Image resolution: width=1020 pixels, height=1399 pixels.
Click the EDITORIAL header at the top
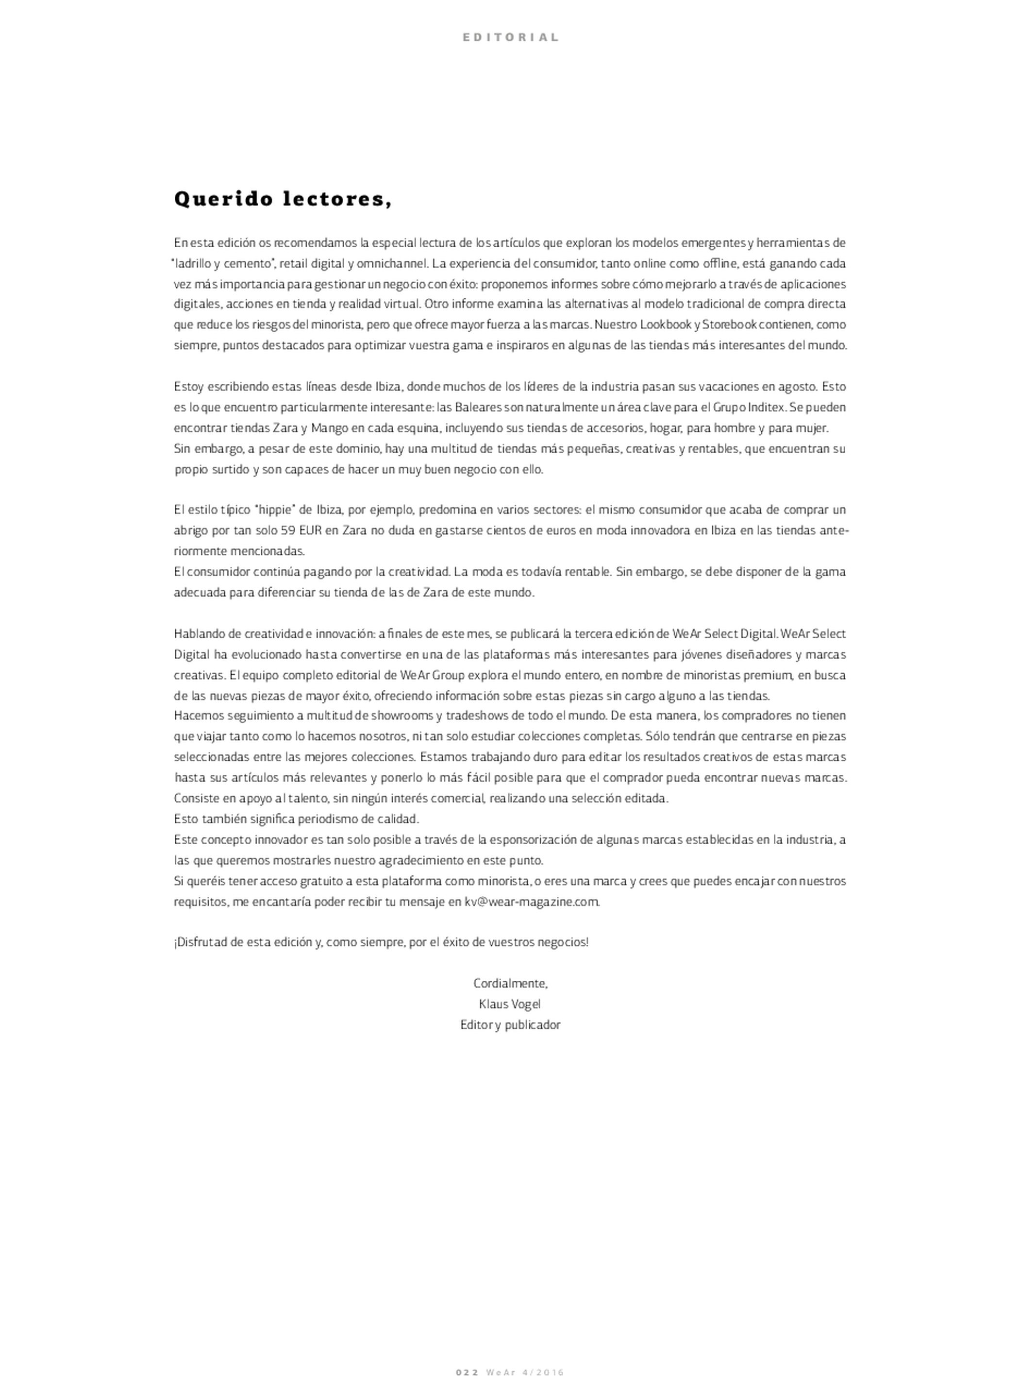coord(510,37)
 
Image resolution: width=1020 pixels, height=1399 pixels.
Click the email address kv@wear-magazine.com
coord(532,902)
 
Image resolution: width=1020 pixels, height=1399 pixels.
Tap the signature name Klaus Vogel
coord(510,1004)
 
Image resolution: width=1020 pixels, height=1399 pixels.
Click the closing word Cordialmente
coord(510,983)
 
